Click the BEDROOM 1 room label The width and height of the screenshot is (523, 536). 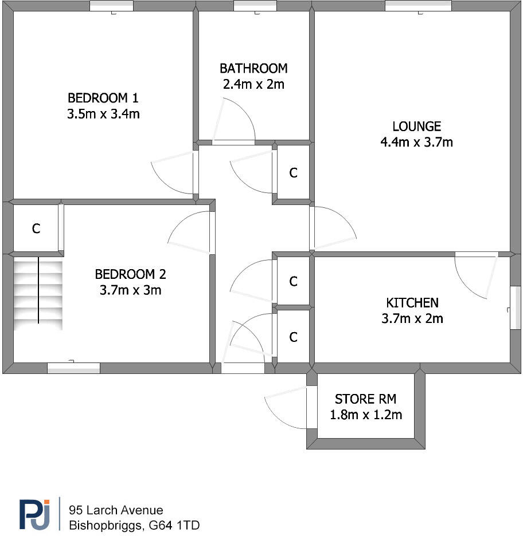point(103,97)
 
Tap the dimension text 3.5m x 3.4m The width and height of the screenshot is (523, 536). point(103,114)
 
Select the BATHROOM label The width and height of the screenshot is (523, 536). point(253,69)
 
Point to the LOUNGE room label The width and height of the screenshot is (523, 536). point(417,127)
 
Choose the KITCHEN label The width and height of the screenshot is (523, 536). point(412,303)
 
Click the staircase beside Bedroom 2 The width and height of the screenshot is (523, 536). point(38,292)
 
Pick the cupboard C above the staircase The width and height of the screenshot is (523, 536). point(36,229)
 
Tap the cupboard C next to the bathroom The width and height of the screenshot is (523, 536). point(294,173)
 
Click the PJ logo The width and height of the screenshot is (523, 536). point(36,514)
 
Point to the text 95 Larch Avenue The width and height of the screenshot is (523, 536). point(116,510)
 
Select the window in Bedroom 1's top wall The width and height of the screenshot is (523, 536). point(111,6)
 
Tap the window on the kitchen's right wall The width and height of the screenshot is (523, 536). point(515,308)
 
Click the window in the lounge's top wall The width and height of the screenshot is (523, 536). point(418,6)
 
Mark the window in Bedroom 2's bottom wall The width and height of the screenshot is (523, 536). point(73,368)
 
